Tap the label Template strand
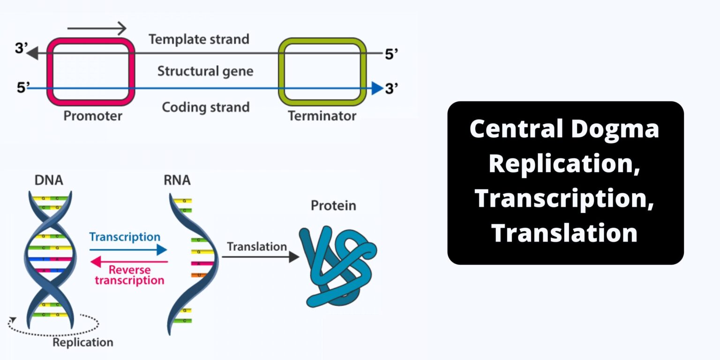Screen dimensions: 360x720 point(199,39)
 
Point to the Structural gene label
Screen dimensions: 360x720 point(205,72)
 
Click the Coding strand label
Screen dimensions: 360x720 point(205,107)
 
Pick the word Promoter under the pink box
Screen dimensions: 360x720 point(93,116)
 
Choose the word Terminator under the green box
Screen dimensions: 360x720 point(322,116)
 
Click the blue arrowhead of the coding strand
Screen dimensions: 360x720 point(377,88)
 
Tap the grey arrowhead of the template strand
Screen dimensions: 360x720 point(32,53)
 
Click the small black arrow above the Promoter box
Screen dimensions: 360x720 point(97,29)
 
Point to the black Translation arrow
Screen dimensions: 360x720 point(261,256)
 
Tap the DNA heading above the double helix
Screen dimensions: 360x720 point(49,180)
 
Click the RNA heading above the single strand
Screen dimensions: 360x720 point(177,180)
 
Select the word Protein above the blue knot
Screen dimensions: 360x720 point(333,206)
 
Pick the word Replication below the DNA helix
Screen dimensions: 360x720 point(82,342)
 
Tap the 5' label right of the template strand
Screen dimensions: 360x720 point(391,54)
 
